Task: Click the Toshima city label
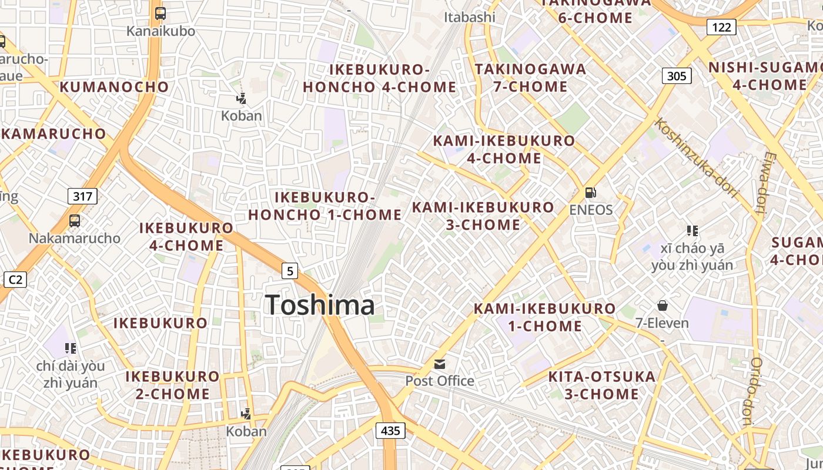coord(320,305)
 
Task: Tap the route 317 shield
coord(82,196)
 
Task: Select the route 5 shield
coord(290,271)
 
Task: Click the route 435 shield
coord(390,431)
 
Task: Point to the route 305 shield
coord(677,76)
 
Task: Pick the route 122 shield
coord(721,26)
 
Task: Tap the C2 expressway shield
coord(15,280)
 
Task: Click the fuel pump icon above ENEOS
coord(590,193)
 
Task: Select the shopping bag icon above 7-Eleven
coord(663,305)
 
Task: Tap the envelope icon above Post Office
coord(440,364)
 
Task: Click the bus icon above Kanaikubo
coord(160,14)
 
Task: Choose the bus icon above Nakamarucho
coord(75,221)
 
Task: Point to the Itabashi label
coord(470,17)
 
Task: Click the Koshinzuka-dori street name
coord(697,157)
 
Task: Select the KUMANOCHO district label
coord(114,87)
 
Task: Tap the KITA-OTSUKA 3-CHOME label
coord(601,385)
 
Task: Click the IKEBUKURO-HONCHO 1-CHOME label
coord(324,206)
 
